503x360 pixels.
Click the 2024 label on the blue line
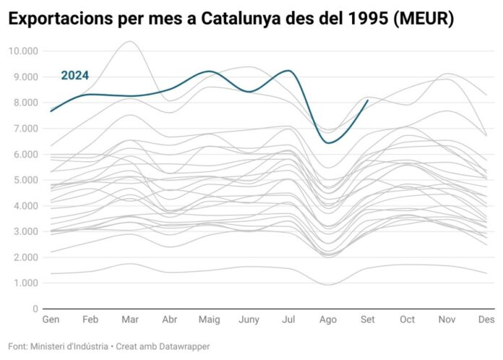pyautogui.click(x=74, y=76)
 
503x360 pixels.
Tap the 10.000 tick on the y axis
pyautogui.click(x=23, y=51)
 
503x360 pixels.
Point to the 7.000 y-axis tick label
pyautogui.click(x=25, y=129)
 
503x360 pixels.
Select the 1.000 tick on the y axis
pyautogui.click(x=25, y=283)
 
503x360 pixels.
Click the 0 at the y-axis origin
pyautogui.click(x=35, y=309)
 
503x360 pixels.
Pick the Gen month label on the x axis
pyautogui.click(x=51, y=320)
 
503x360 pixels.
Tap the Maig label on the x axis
pyautogui.click(x=209, y=320)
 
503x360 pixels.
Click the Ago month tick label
pyautogui.click(x=328, y=320)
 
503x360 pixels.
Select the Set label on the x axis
pyautogui.click(x=368, y=320)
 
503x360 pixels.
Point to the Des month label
pyautogui.click(x=486, y=320)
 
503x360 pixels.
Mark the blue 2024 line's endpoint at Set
pyautogui.click(x=368, y=100)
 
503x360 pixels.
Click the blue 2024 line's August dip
pyautogui.click(x=329, y=142)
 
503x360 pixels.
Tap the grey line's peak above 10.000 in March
pyautogui.click(x=129, y=41)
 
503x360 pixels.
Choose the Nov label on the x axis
pyautogui.click(x=447, y=320)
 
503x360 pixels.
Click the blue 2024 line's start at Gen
pyautogui.click(x=51, y=111)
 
